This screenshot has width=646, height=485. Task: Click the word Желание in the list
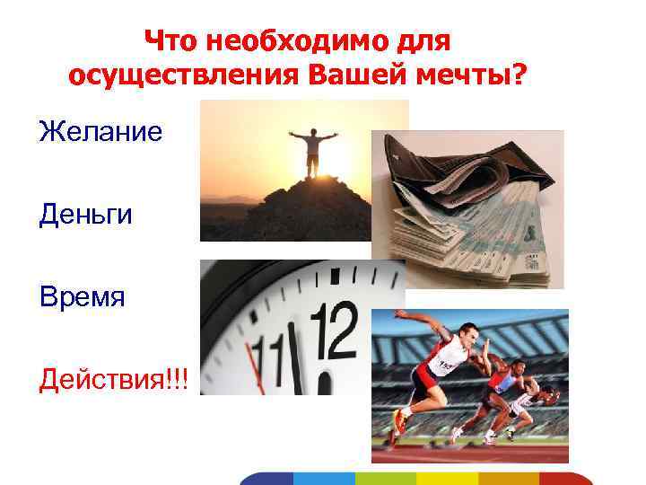click(x=100, y=133)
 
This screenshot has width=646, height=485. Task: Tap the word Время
click(x=83, y=297)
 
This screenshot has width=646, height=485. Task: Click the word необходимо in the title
click(x=305, y=40)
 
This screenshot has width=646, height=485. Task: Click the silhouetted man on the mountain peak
click(x=311, y=151)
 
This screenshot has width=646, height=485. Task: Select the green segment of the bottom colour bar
click(x=386, y=478)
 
